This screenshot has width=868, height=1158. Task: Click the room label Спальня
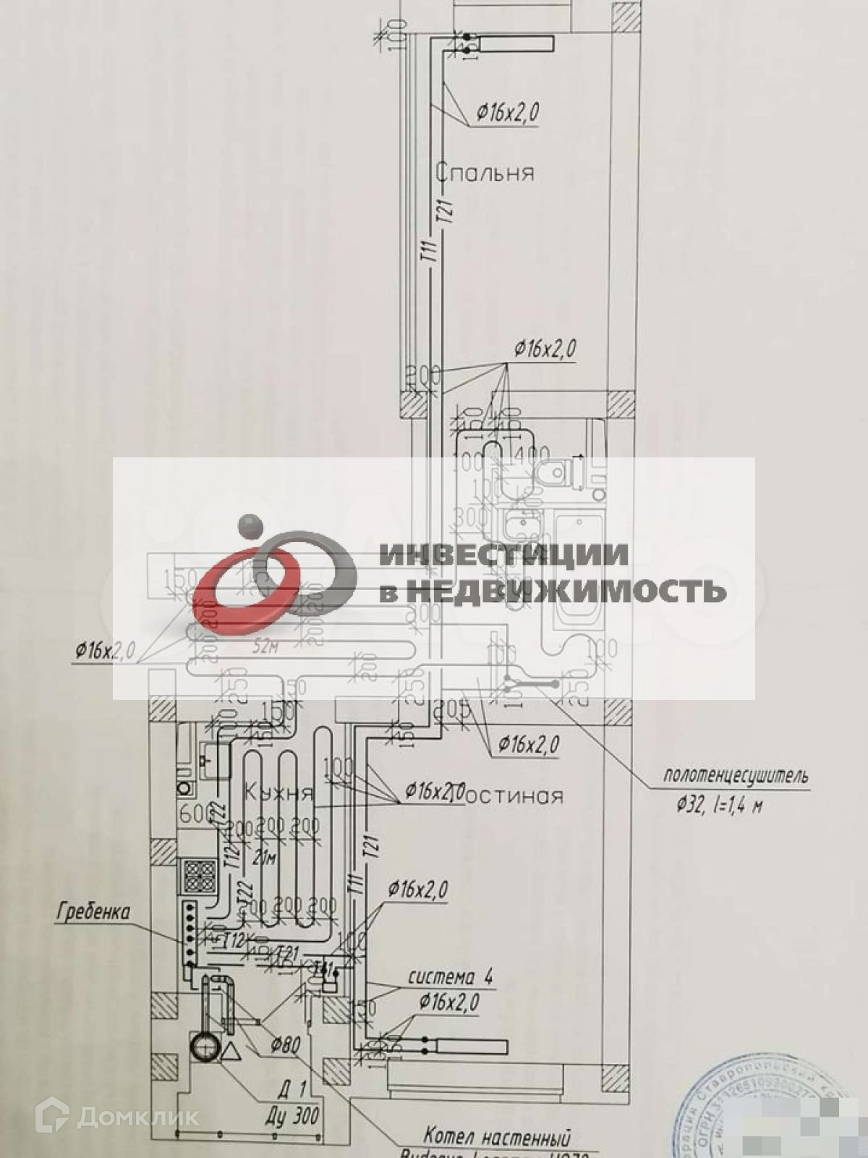(x=485, y=173)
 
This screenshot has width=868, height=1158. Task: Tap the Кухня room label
(x=278, y=792)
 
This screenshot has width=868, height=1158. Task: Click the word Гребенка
(x=93, y=912)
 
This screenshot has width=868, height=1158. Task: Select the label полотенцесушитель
(x=735, y=777)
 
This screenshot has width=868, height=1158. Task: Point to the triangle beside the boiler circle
(x=232, y=1052)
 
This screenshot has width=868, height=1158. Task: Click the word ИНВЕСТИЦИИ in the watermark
(x=503, y=554)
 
